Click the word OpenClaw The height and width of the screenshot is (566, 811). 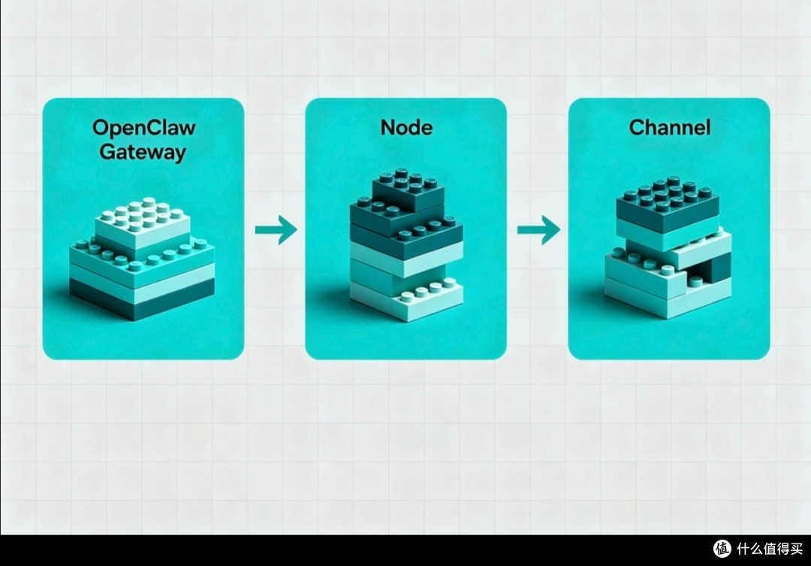[x=143, y=127]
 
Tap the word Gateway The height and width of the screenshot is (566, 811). [x=143, y=153]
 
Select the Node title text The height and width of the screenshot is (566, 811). [x=406, y=127]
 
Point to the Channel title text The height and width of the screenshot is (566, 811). [x=669, y=127]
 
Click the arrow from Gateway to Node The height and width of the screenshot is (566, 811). [x=276, y=229]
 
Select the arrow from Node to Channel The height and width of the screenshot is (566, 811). [x=538, y=229]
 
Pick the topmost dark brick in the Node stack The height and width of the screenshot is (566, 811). [x=408, y=189]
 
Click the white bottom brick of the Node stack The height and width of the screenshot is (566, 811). [x=406, y=299]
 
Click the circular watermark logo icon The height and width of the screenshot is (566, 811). [x=722, y=548]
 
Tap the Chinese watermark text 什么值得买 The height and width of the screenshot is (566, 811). [x=770, y=549]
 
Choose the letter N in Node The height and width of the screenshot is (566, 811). [x=388, y=127]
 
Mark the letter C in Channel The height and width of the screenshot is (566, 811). [x=637, y=127]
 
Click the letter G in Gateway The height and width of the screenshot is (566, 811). [x=107, y=152]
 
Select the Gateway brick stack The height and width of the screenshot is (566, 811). [x=142, y=259]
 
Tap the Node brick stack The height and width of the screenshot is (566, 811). [x=406, y=245]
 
